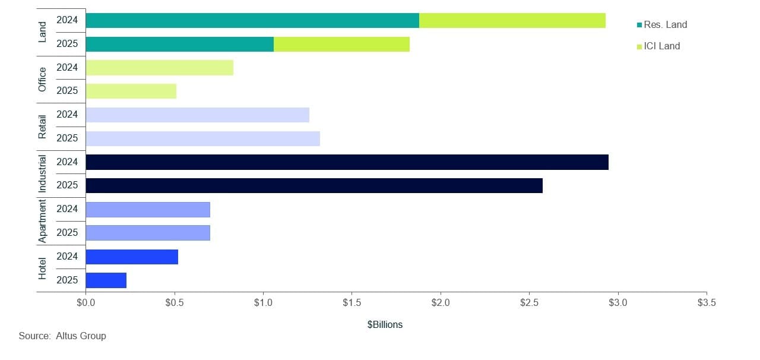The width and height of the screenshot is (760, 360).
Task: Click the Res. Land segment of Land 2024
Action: tap(252, 20)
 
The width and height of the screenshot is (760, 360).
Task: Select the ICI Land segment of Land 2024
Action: tap(512, 20)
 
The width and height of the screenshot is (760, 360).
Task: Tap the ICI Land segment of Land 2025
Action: tap(341, 44)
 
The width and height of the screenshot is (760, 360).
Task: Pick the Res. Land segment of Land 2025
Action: tap(179, 44)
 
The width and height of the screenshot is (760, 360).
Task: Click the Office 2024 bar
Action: tap(159, 68)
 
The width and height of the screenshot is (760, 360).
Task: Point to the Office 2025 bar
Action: tap(131, 91)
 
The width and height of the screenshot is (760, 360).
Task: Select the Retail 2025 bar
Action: tap(202, 138)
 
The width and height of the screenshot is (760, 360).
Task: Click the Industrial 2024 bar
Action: tap(347, 162)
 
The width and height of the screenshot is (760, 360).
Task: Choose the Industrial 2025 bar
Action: tap(313, 185)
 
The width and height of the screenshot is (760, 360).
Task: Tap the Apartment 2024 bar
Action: tap(148, 209)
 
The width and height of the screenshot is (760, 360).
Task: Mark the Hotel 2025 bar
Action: tap(106, 280)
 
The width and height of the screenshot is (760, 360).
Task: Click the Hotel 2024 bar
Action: tap(132, 257)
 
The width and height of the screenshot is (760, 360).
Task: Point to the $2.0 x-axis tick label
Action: tap(441, 303)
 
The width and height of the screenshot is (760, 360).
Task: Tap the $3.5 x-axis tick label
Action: tap(707, 303)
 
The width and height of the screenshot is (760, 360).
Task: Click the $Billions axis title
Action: tap(385, 325)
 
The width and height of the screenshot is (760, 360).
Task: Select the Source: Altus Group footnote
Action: tap(62, 336)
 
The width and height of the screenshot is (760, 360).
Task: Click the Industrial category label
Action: tap(42, 173)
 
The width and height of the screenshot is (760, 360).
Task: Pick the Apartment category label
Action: tap(42, 221)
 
